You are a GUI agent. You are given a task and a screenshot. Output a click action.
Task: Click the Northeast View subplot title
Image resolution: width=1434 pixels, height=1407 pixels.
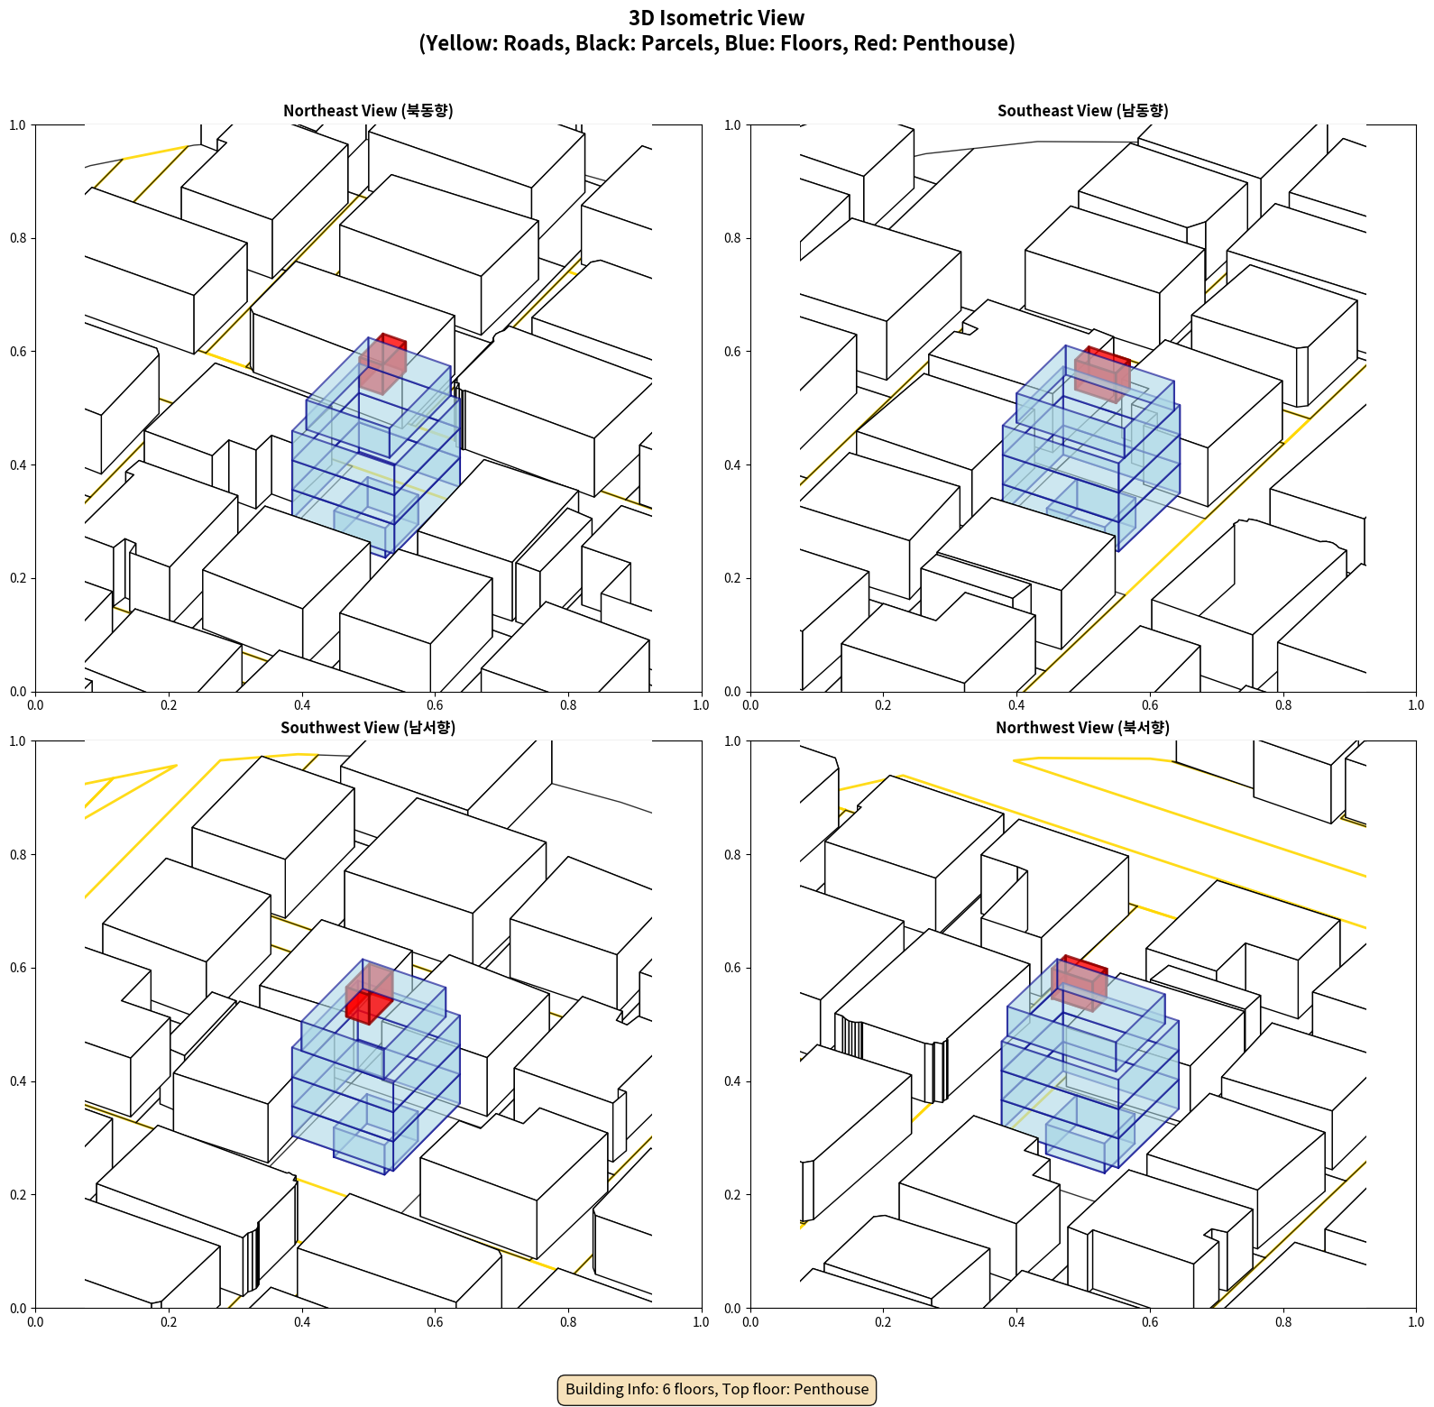tap(368, 111)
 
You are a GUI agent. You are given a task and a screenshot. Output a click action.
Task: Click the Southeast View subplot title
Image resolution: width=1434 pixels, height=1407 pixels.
tap(1082, 111)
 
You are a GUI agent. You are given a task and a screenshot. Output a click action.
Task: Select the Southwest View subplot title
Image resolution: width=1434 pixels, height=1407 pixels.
tap(368, 728)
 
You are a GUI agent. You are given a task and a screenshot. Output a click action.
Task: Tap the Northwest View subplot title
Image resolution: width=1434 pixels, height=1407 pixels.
tap(1082, 728)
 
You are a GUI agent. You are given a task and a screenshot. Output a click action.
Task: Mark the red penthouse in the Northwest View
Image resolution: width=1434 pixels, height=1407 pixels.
tap(1080, 981)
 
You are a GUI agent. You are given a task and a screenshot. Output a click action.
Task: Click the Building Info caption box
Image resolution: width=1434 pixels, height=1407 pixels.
tap(717, 1389)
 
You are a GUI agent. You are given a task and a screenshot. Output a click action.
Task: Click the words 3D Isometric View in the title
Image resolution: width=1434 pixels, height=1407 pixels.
tap(717, 18)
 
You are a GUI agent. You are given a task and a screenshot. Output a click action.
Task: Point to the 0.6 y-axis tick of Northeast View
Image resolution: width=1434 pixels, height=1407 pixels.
tap(18, 352)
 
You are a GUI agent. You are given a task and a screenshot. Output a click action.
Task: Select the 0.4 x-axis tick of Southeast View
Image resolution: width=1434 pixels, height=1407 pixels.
tap(1016, 705)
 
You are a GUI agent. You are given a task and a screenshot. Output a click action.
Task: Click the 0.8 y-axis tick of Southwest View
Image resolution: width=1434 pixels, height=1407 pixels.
tap(18, 855)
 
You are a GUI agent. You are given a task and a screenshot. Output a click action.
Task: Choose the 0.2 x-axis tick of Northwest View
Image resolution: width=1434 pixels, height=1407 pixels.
tap(883, 1322)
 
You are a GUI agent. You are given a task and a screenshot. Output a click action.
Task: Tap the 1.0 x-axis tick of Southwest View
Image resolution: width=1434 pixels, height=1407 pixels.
tap(701, 1322)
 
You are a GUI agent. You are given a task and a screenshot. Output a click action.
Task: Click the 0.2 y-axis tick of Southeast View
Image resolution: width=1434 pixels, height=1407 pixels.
tap(732, 578)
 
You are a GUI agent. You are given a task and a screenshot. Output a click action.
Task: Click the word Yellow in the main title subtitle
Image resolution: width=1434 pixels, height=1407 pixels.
tap(455, 43)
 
